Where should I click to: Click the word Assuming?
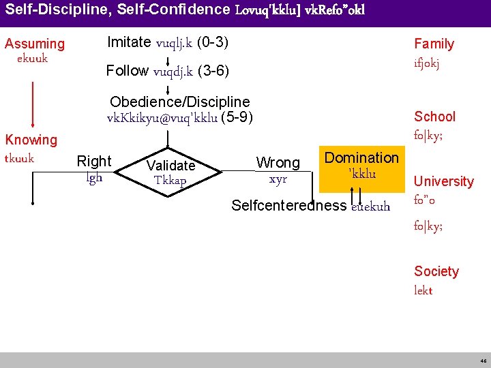click(x=35, y=44)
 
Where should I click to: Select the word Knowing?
click(x=31, y=140)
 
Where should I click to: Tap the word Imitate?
click(x=129, y=42)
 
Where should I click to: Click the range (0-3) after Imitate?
click(x=212, y=42)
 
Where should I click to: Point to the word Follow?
click(x=128, y=71)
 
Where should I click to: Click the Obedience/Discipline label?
click(x=179, y=102)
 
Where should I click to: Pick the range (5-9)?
click(x=237, y=117)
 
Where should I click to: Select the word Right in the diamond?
click(x=94, y=162)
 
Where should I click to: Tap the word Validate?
click(x=171, y=166)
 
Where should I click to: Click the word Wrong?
click(x=278, y=163)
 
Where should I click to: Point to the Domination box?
click(x=361, y=165)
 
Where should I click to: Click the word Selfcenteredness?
click(x=288, y=206)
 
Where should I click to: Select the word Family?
click(x=434, y=44)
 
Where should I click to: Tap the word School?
click(x=434, y=117)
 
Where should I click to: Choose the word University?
click(x=443, y=181)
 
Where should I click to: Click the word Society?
click(x=436, y=271)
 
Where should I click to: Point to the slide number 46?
click(x=483, y=361)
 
